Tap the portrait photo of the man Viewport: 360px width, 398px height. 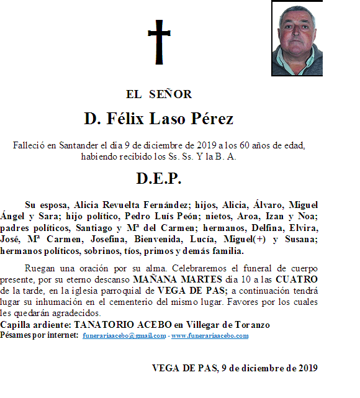(297, 39)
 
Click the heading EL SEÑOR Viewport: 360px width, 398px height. (159, 94)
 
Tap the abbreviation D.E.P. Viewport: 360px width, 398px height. (159, 179)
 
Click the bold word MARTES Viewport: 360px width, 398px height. (180, 279)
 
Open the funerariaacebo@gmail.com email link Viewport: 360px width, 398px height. (124, 336)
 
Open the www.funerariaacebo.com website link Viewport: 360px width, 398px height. (210, 336)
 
